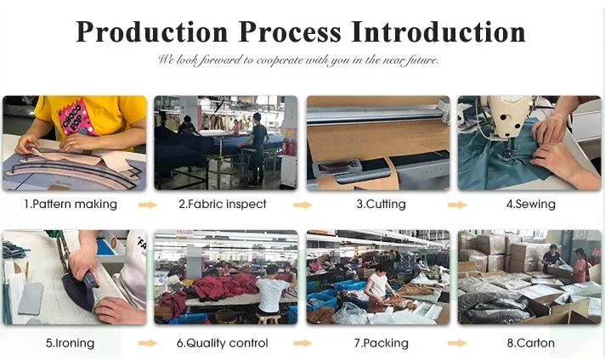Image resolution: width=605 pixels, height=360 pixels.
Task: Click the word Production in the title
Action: [152, 31]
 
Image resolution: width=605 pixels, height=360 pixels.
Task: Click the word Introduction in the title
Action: [438, 31]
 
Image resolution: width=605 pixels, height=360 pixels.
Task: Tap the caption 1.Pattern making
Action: [71, 204]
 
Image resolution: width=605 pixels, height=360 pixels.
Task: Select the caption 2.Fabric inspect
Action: [223, 204]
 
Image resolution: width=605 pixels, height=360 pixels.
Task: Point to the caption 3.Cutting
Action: [381, 204]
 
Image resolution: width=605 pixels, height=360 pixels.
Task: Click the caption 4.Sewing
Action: [531, 204]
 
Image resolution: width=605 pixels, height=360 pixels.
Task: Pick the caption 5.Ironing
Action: [70, 343]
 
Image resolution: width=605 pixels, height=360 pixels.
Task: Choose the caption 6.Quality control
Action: [223, 343]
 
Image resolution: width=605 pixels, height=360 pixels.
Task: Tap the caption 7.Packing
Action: [382, 343]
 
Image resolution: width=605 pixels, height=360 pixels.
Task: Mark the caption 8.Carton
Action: [531, 343]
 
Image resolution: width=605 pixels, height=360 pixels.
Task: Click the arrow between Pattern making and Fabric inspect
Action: [148, 205]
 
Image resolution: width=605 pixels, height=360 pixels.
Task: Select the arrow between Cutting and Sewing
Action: [458, 205]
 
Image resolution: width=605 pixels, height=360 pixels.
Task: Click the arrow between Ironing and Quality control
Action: [148, 343]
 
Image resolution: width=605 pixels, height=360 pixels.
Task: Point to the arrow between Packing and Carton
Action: [458, 343]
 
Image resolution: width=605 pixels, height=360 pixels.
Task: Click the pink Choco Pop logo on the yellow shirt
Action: [76, 118]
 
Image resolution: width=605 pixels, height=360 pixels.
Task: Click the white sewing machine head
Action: [508, 115]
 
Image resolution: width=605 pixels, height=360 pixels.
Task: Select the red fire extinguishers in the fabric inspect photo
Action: [289, 147]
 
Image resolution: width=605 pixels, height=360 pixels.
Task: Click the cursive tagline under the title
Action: [298, 60]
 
